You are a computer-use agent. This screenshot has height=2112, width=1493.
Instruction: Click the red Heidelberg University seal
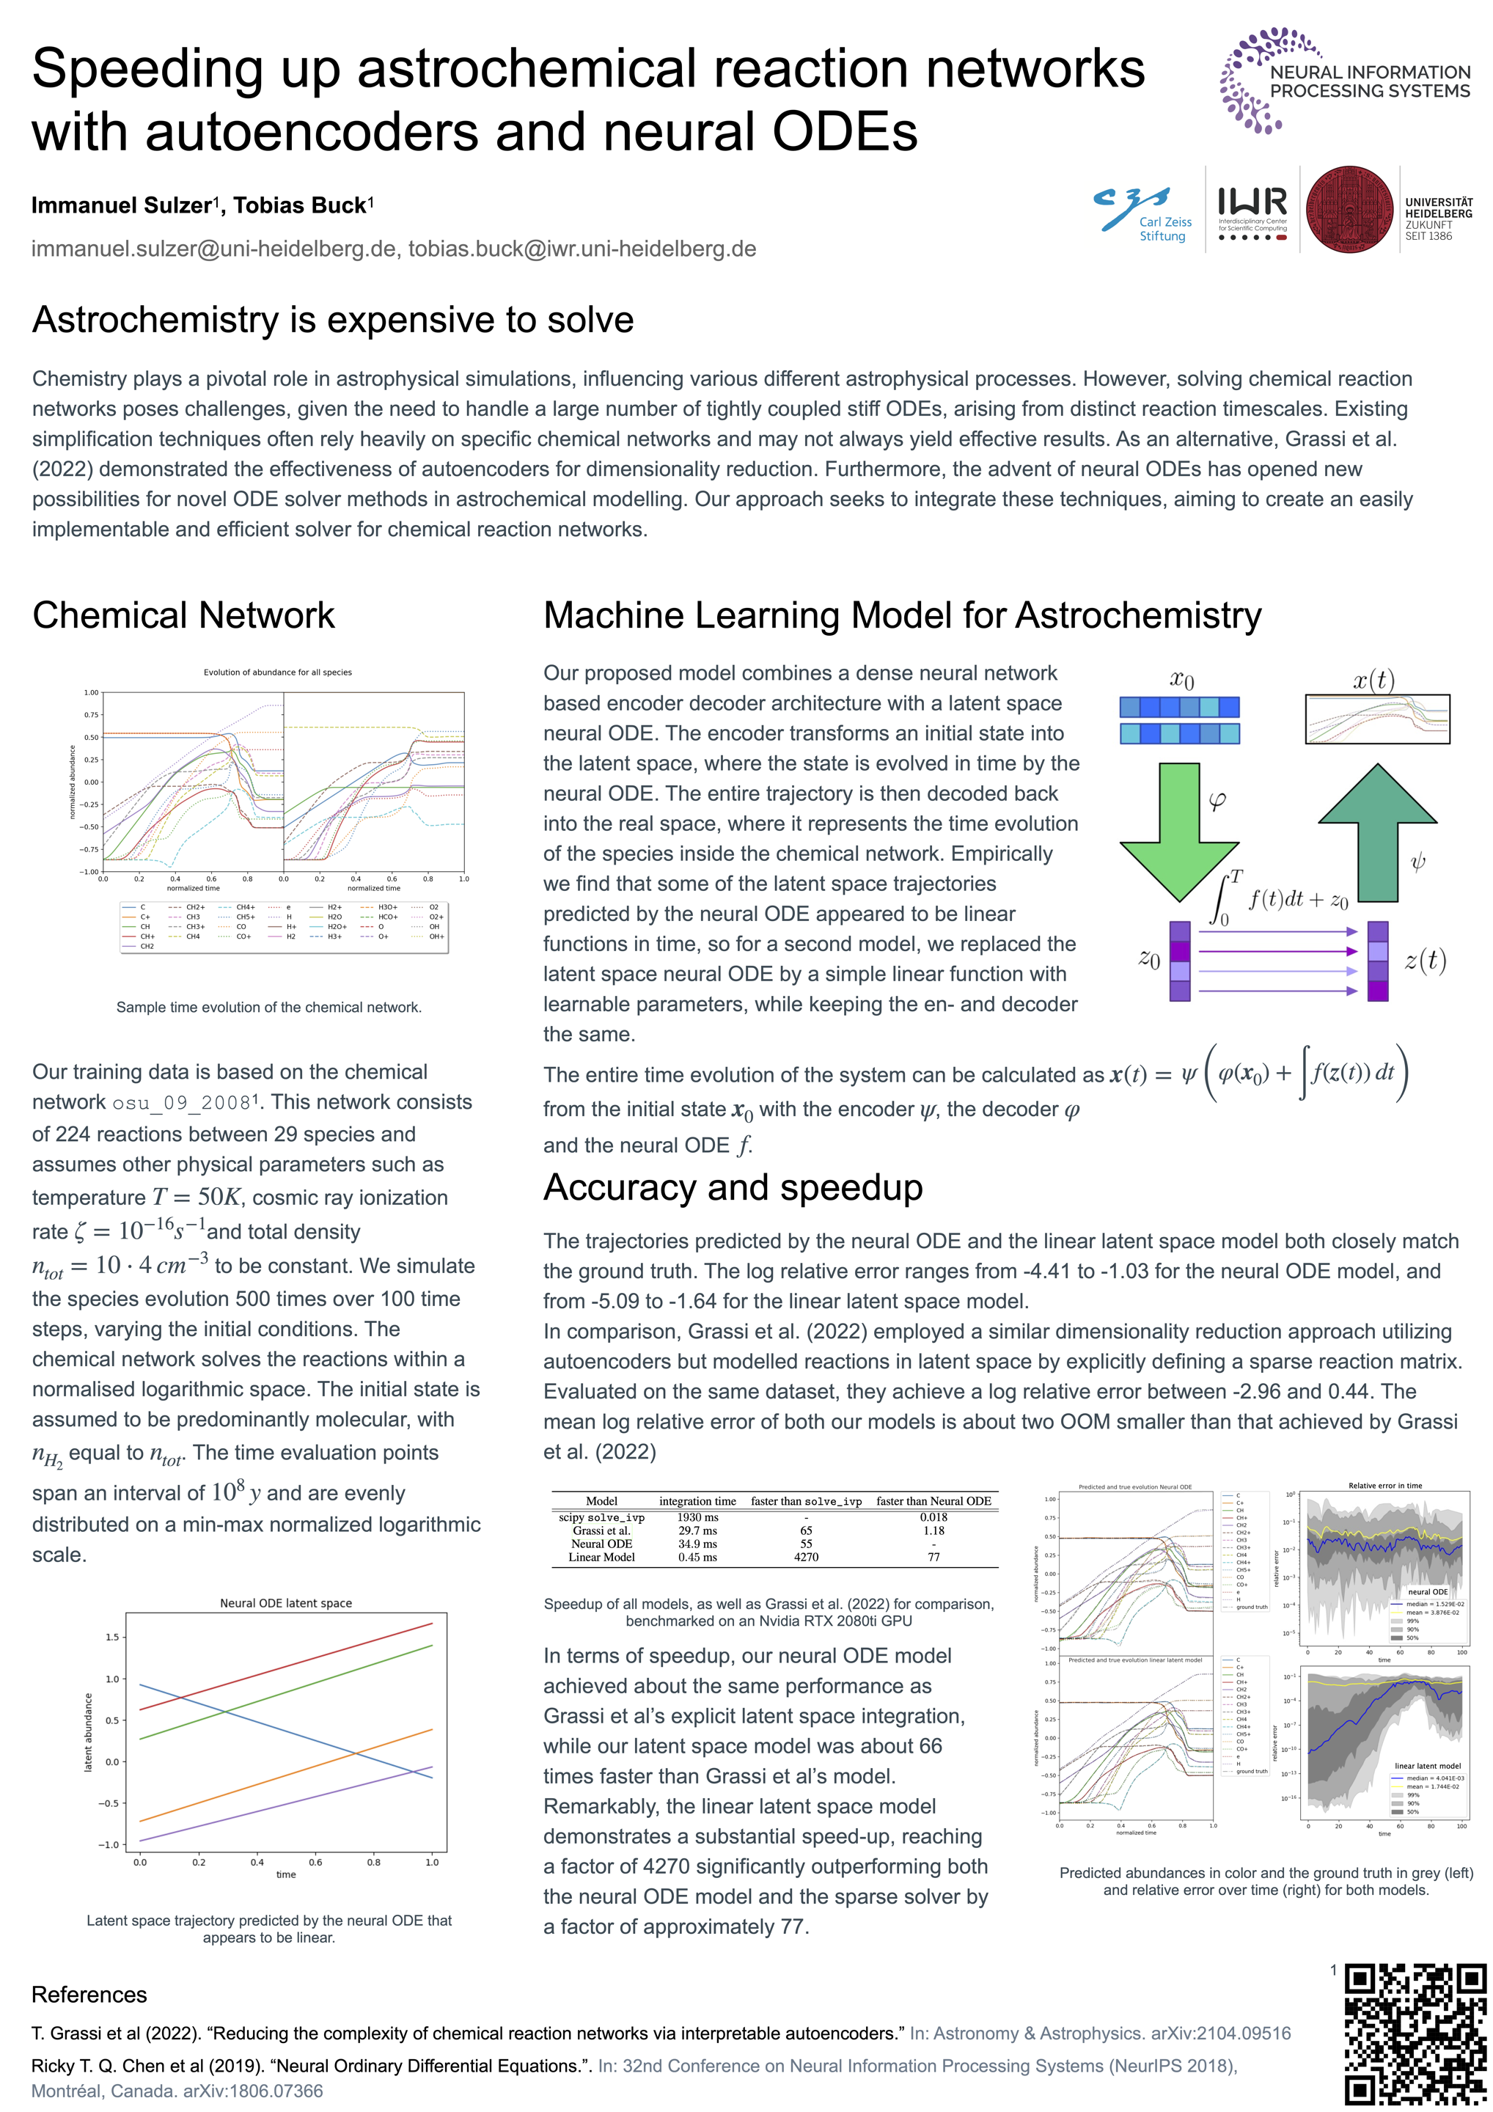[1349, 210]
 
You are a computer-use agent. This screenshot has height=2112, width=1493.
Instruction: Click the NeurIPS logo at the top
[1344, 80]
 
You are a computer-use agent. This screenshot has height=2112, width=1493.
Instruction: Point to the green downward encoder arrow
[1178, 829]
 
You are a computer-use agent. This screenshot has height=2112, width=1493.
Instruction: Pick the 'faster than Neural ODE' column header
[933, 1501]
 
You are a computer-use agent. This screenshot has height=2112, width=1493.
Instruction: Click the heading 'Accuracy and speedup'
[733, 1187]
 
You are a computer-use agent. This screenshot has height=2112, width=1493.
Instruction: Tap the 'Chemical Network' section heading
[184, 615]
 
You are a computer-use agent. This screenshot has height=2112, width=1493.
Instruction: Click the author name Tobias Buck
[300, 205]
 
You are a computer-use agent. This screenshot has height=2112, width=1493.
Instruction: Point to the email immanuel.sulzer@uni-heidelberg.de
[214, 249]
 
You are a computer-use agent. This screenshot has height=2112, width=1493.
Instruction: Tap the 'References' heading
[89, 1994]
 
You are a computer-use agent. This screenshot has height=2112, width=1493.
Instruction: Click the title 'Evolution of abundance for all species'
[278, 672]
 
